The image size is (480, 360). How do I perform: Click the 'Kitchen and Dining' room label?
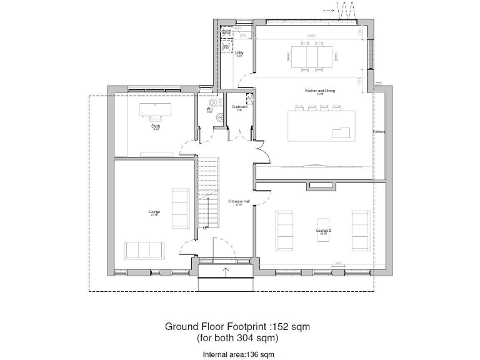point(319,91)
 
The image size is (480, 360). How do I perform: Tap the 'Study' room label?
point(156,126)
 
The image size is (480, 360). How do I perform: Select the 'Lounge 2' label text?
point(323,231)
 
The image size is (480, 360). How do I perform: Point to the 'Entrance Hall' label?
point(239,201)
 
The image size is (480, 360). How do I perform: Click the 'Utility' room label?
point(238,53)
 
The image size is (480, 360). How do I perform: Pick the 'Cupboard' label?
point(239,107)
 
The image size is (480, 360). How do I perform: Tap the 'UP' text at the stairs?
point(205,227)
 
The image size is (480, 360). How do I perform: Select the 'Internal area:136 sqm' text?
point(238,354)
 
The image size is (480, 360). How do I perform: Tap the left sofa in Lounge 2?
point(284,229)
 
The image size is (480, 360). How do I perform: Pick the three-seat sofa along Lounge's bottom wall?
point(144,250)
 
